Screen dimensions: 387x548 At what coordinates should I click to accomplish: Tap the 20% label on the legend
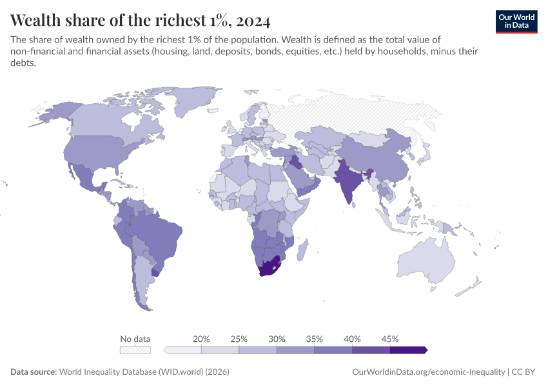[x=201, y=339]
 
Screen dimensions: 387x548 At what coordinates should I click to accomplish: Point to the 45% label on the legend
[x=390, y=339]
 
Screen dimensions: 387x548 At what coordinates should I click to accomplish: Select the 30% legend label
[x=277, y=339]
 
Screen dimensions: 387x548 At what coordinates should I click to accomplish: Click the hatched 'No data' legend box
[x=135, y=350]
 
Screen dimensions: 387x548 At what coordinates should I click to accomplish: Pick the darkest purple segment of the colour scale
[x=407, y=350]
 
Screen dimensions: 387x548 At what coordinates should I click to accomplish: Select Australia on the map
[x=429, y=264]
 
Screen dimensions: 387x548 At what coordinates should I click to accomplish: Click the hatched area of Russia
[x=361, y=116]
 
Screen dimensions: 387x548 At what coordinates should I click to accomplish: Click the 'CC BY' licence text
[x=525, y=372]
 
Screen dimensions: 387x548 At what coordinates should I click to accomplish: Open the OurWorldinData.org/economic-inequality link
[x=428, y=372]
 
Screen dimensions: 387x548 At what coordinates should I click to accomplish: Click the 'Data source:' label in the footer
[x=34, y=372]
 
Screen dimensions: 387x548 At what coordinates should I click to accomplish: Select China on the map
[x=380, y=161]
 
